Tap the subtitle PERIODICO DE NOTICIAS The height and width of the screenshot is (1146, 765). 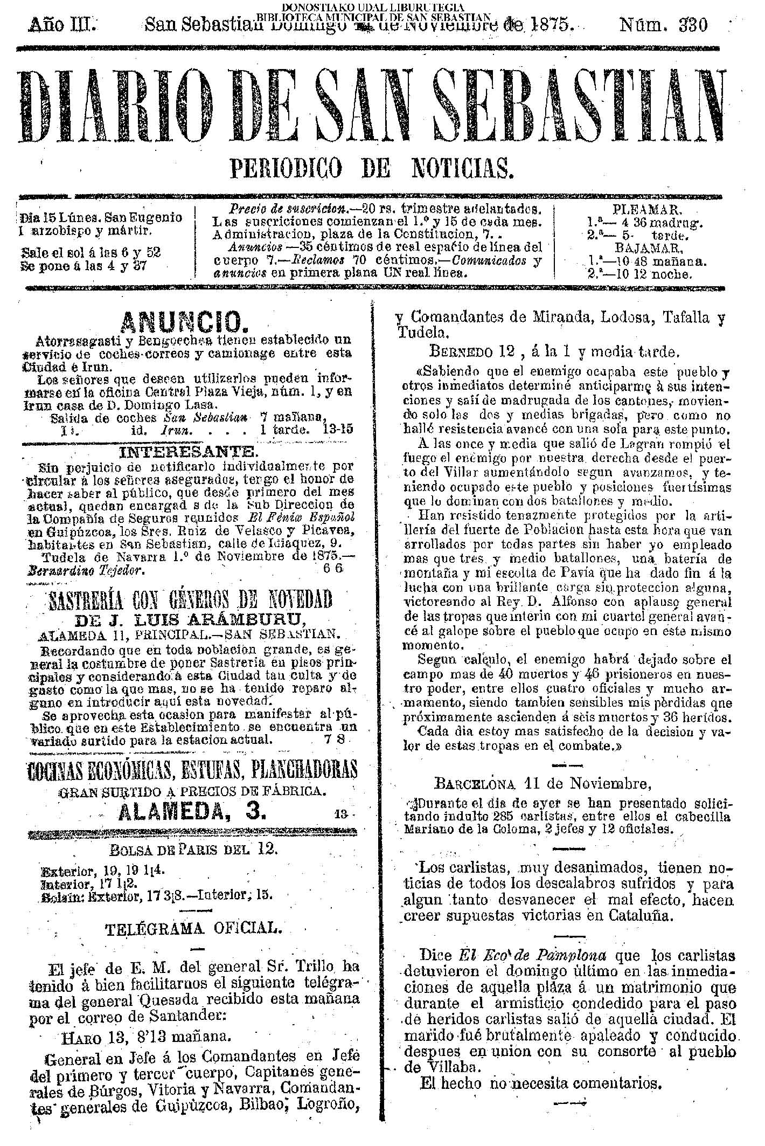point(372,168)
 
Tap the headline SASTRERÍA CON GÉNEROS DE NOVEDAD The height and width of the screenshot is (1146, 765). point(190,598)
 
